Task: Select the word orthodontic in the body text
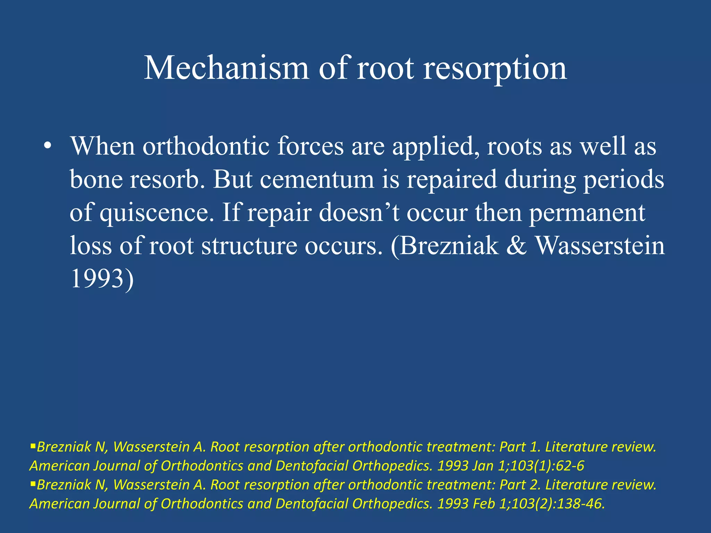[x=206, y=146]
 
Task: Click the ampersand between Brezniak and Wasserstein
[x=516, y=246]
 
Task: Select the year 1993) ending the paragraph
[x=102, y=279]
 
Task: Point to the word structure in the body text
[x=249, y=246]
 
